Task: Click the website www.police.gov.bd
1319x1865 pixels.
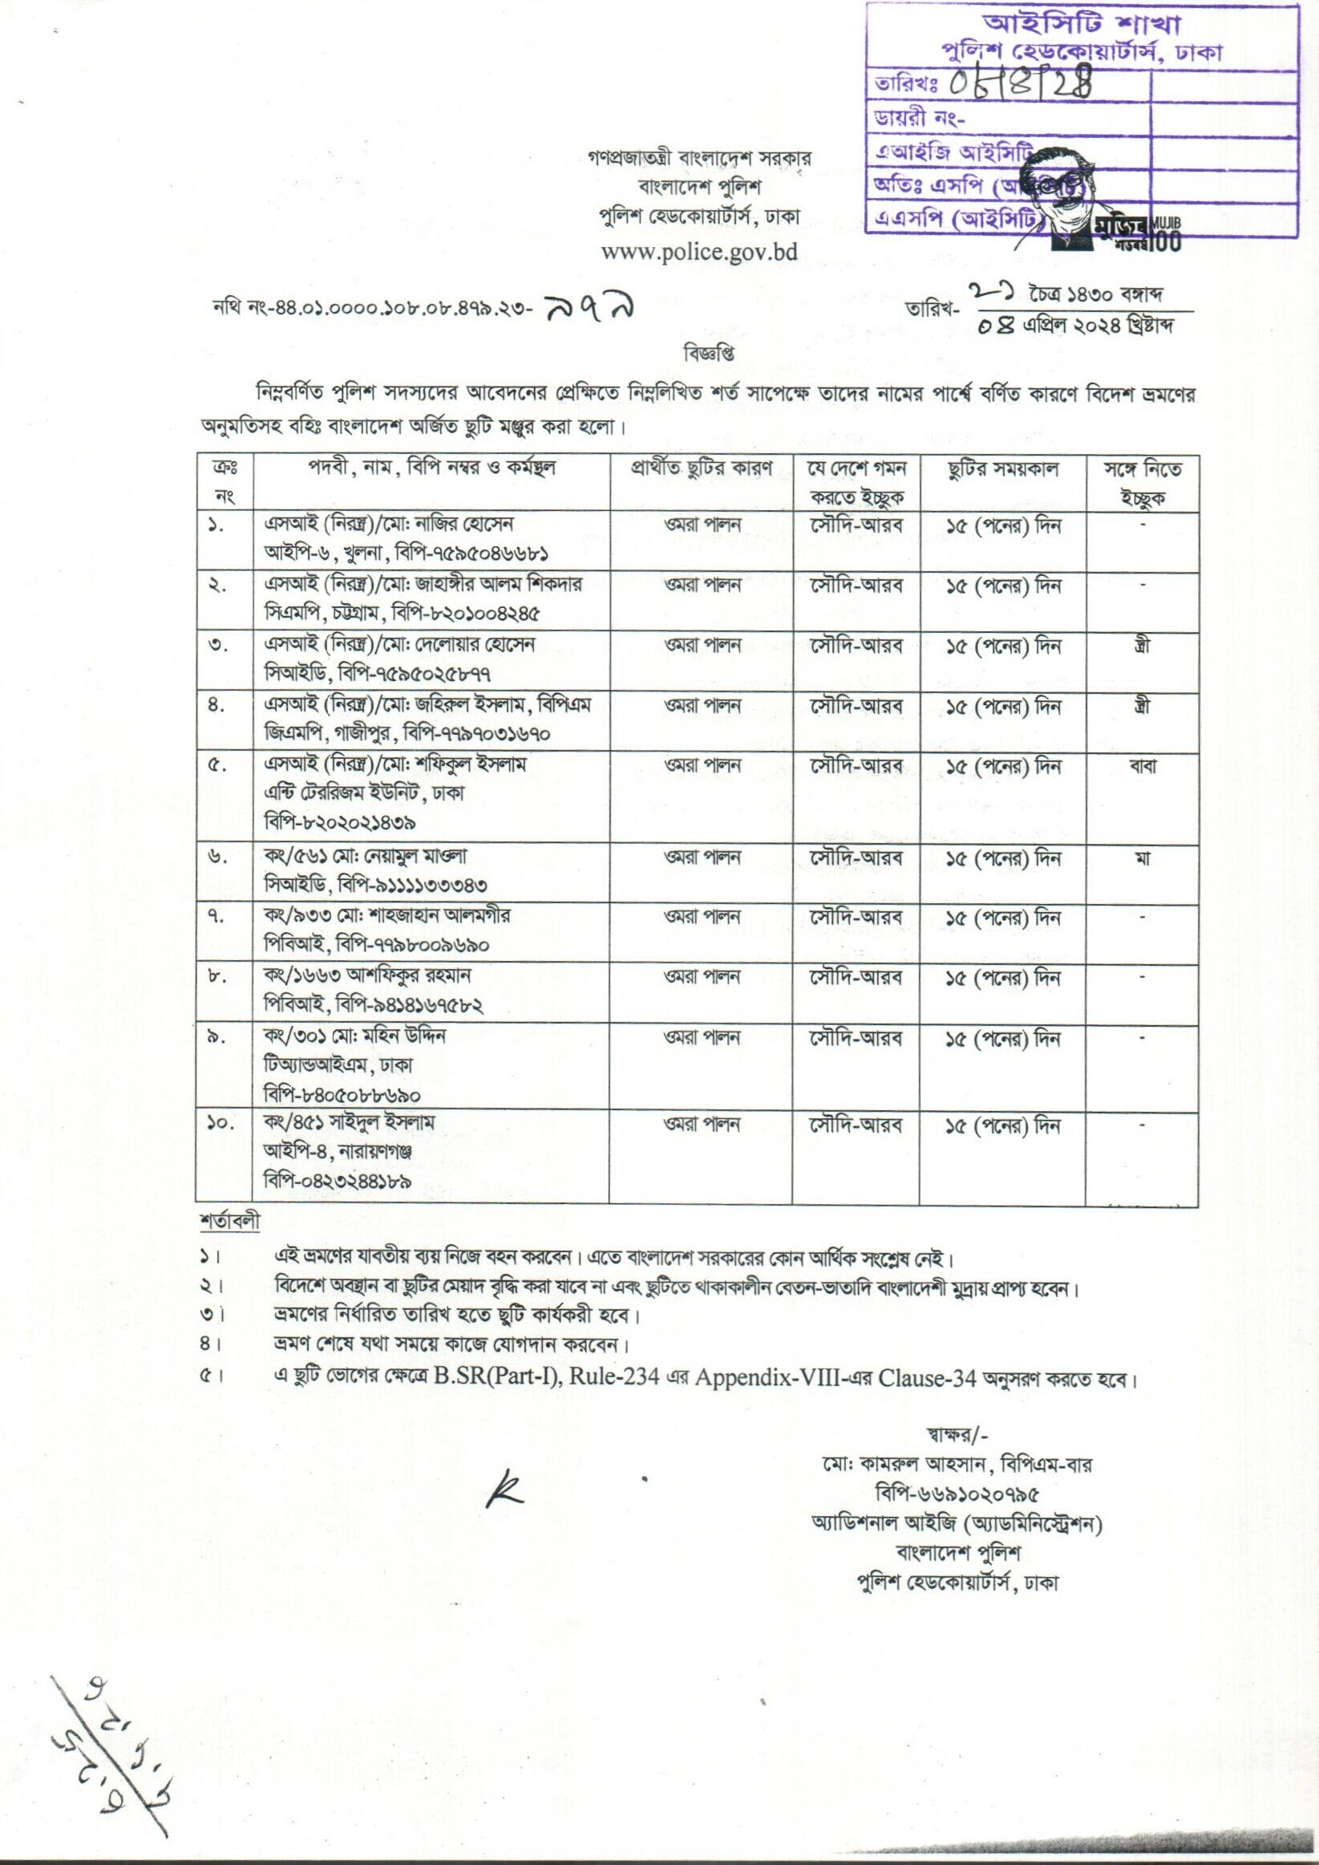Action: click(x=698, y=251)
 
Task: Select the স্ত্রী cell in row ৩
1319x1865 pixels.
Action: click(x=1141, y=647)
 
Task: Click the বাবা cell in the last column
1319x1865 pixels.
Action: click(x=1141, y=767)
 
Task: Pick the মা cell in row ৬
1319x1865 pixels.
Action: click(x=1141, y=858)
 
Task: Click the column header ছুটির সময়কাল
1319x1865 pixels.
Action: click(x=1002, y=471)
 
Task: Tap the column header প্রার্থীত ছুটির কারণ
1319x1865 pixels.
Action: click(x=700, y=469)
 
